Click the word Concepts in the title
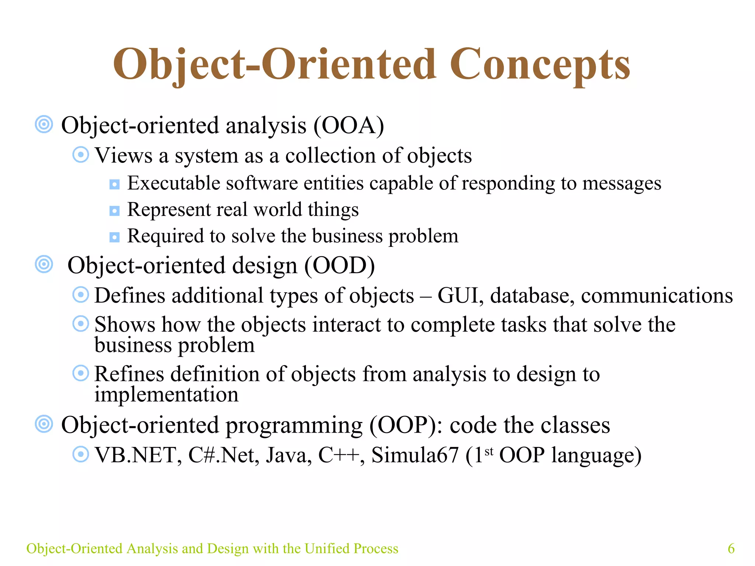click(x=540, y=66)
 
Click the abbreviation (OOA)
click(x=349, y=126)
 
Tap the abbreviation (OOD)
click(x=339, y=266)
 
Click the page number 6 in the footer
click(x=731, y=548)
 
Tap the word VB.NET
click(x=138, y=455)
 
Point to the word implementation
click(x=166, y=395)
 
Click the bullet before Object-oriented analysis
click(x=44, y=125)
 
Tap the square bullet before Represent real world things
click(x=115, y=211)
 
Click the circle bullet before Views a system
click(x=80, y=155)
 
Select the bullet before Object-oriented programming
click(x=44, y=424)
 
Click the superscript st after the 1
click(x=489, y=451)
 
